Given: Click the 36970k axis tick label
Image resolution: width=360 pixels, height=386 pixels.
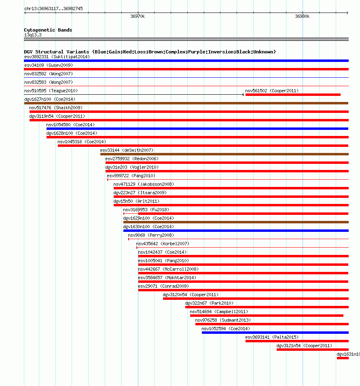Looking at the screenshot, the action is tap(138, 17).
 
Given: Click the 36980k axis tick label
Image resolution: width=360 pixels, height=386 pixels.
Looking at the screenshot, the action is tap(302, 17).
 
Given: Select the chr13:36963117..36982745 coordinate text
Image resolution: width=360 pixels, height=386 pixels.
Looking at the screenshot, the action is tap(53, 8).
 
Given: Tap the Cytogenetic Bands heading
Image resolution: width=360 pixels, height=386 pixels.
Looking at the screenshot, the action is tap(48, 30).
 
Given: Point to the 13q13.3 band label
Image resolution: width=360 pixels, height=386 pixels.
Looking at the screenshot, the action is tap(33, 35).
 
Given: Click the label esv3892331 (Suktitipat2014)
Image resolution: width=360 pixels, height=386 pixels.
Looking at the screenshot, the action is tap(57, 57).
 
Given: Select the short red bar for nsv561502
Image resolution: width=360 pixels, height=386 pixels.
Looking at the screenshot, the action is tap(293, 95).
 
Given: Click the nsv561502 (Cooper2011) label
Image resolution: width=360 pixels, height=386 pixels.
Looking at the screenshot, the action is tap(272, 91).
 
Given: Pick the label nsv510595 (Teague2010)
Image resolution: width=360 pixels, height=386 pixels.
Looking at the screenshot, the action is tap(51, 91).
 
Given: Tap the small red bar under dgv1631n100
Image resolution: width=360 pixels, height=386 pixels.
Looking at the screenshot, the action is tap(343, 358).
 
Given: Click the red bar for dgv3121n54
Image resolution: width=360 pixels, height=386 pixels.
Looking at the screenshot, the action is tap(313, 350).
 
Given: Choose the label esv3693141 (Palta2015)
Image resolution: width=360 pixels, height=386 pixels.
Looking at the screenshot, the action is tap(272, 337).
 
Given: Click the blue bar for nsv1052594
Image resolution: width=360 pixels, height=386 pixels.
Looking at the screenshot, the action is tap(275, 333).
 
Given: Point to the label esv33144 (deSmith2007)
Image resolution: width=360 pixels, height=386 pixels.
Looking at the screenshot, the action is tap(127, 150).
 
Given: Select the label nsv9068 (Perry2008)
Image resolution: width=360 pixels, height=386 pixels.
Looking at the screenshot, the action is tap(151, 235).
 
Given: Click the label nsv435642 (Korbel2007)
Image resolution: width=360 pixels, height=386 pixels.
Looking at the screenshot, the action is tap(163, 244).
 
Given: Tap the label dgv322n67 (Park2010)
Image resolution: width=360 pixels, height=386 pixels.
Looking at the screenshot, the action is tap(209, 303).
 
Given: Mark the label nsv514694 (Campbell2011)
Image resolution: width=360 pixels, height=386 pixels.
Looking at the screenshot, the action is tap(219, 312).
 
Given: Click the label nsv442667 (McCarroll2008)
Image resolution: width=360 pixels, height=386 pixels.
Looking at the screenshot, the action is tap(168, 269).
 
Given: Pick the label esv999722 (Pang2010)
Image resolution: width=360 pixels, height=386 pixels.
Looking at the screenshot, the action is tap(131, 176).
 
